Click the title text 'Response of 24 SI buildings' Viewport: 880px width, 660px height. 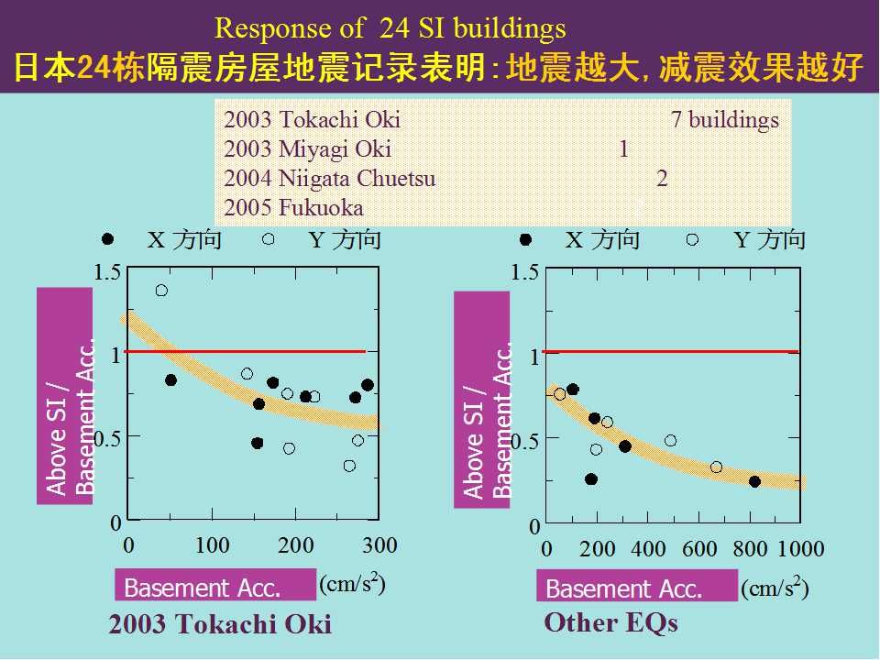(x=390, y=29)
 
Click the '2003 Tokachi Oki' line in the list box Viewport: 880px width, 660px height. (x=312, y=120)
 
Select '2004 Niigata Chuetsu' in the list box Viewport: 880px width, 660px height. (x=329, y=179)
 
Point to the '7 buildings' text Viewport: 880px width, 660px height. (x=725, y=120)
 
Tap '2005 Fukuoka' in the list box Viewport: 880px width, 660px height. (x=293, y=208)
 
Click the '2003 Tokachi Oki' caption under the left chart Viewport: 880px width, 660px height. (x=220, y=625)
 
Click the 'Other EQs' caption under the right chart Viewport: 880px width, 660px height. (x=610, y=623)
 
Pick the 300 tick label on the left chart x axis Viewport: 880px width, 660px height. (x=379, y=546)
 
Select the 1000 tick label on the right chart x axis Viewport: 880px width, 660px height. (x=800, y=550)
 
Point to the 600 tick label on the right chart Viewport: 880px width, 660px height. (x=699, y=550)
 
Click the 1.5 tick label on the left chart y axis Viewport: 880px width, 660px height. (x=108, y=272)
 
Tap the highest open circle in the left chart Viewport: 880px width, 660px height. (x=161, y=291)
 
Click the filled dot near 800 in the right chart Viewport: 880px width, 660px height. (x=754, y=481)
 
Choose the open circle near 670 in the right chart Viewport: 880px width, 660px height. (x=716, y=467)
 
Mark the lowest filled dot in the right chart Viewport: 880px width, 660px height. (x=591, y=479)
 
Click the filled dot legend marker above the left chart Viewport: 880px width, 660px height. (x=108, y=239)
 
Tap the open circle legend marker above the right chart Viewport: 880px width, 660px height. (x=692, y=239)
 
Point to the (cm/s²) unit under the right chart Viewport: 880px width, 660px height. (x=775, y=587)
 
